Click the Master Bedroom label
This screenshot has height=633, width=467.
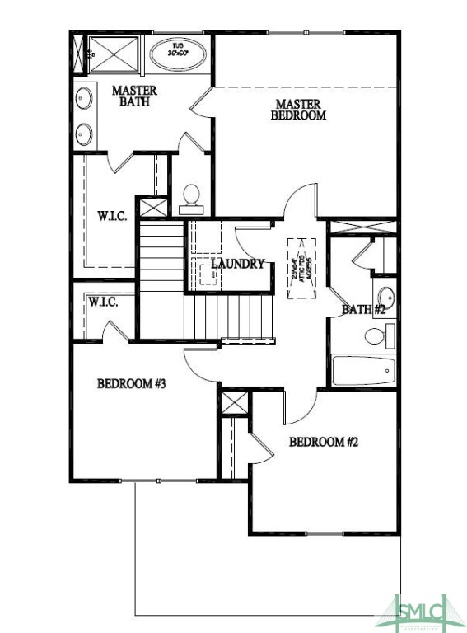tap(298, 110)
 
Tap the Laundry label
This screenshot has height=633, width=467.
tap(237, 264)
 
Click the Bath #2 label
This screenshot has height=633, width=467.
tap(364, 310)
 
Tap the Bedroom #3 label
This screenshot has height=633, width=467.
tap(132, 383)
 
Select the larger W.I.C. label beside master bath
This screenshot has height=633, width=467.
tap(111, 216)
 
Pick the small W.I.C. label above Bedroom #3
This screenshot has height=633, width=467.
tap(103, 302)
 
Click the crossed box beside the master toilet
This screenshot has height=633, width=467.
tap(151, 207)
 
